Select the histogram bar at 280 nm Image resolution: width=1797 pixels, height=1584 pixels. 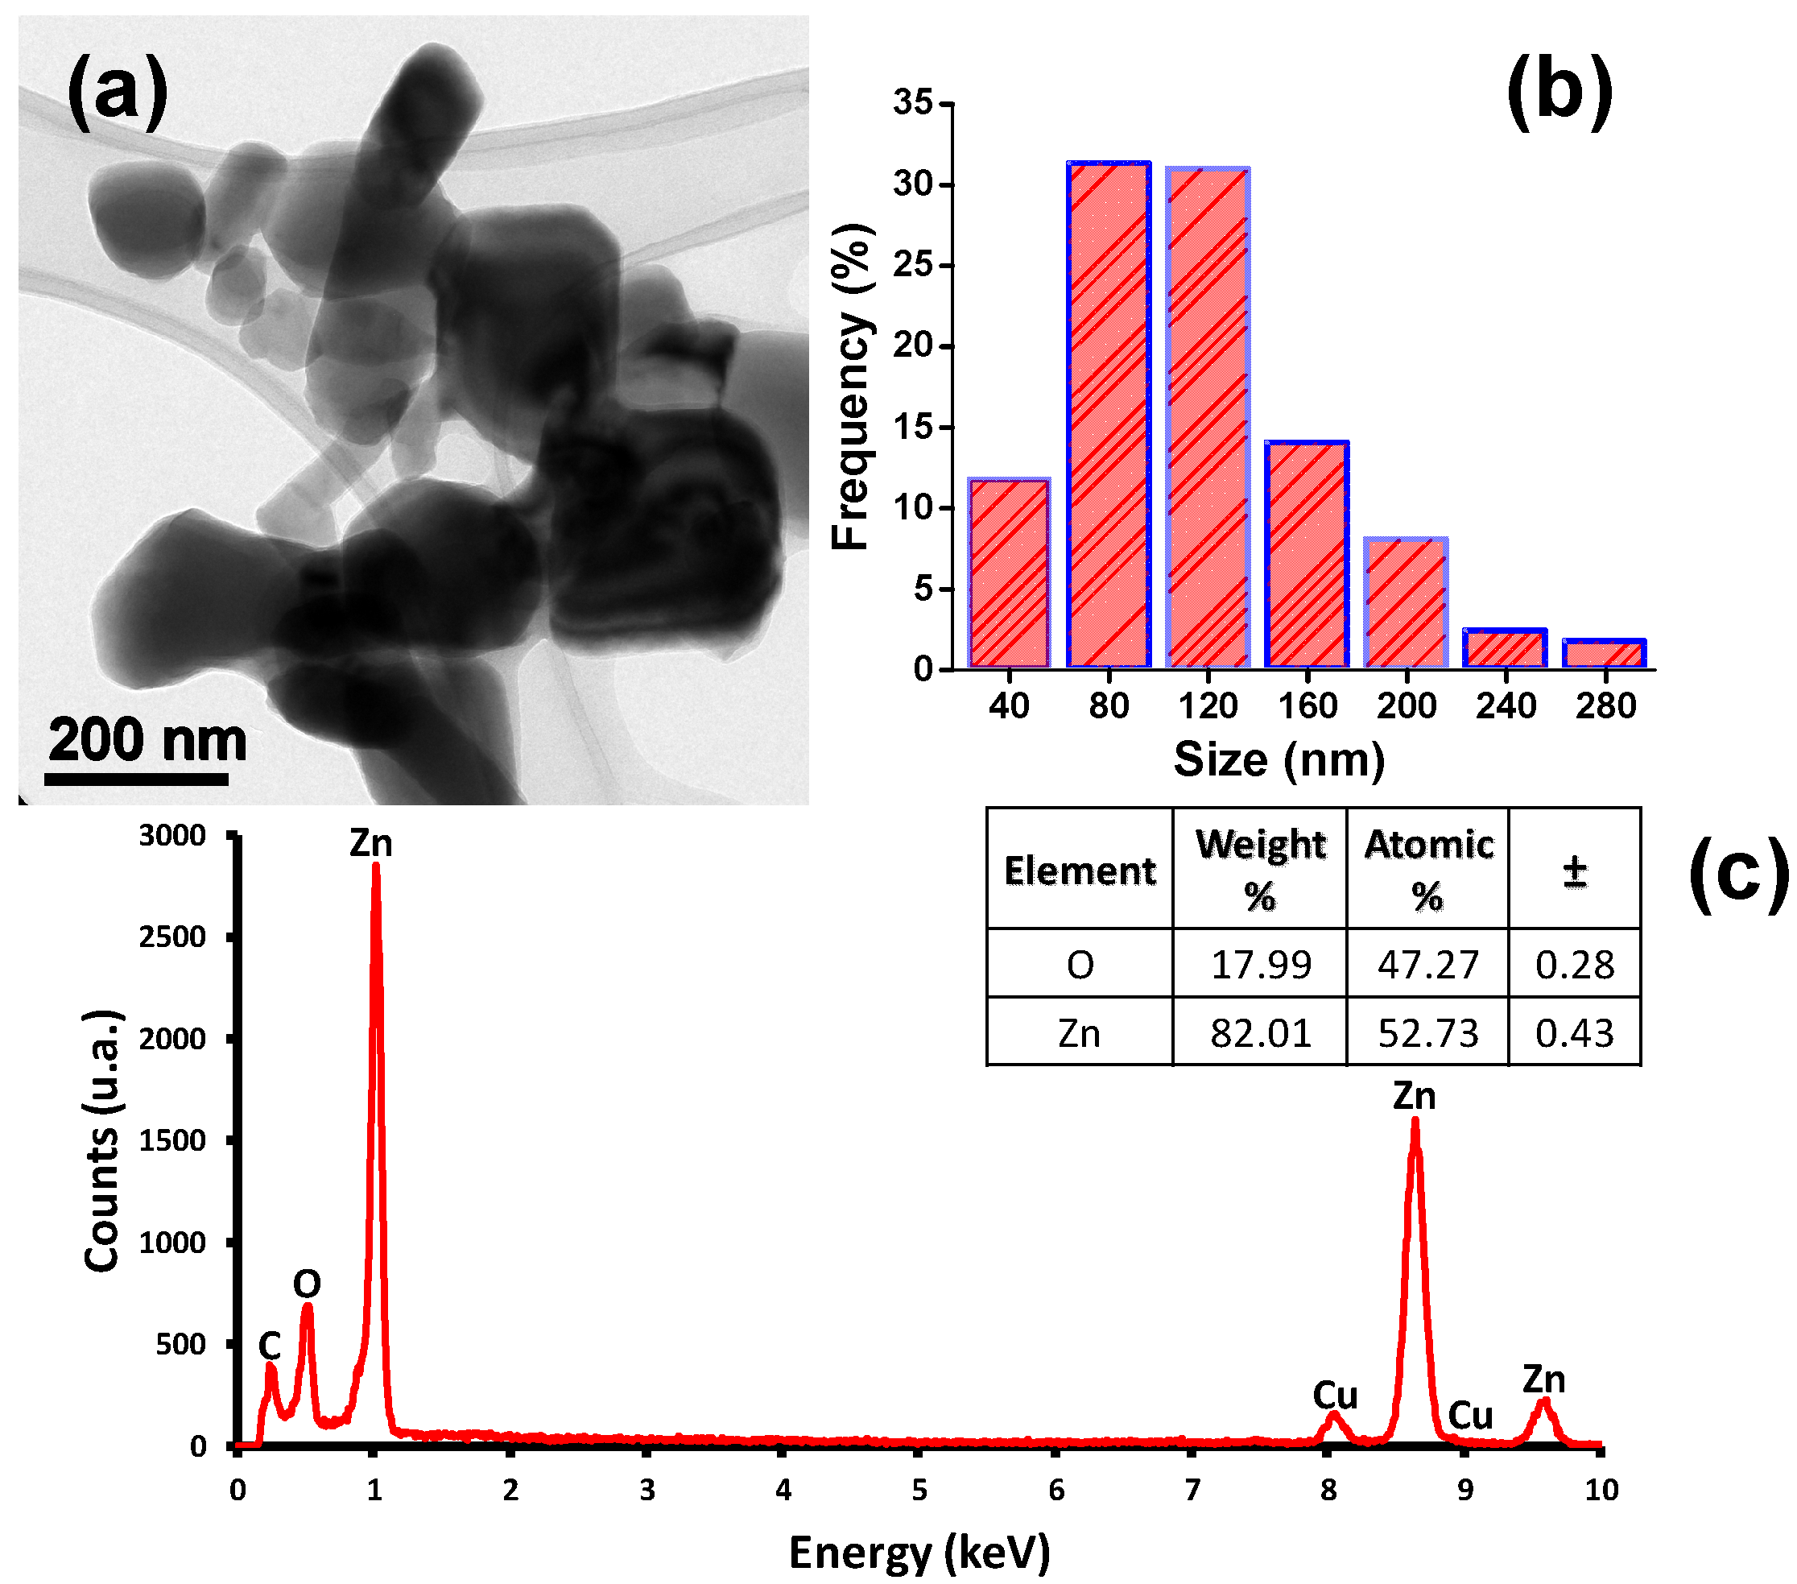pyautogui.click(x=1605, y=653)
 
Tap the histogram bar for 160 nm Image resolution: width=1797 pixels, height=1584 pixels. pyautogui.click(x=1307, y=554)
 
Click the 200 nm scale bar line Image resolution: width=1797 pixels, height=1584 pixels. pyautogui.click(x=136, y=780)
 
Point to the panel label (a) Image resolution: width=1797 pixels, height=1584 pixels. pyautogui.click(x=117, y=90)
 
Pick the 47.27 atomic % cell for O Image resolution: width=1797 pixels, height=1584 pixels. pyautogui.click(x=1427, y=965)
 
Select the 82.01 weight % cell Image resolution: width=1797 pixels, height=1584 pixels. pyautogui.click(x=1260, y=1032)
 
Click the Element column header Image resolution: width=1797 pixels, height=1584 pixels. pyautogui.click(x=1080, y=871)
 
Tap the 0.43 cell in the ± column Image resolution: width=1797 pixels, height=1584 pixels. pyautogui.click(x=1574, y=1032)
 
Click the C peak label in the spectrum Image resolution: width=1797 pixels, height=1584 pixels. pyautogui.click(x=269, y=1345)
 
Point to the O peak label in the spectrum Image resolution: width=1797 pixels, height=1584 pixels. pyautogui.click(x=307, y=1284)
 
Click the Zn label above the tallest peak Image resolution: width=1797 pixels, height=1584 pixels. pyautogui.click(x=371, y=842)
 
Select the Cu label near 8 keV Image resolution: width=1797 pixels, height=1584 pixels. pyautogui.click(x=1335, y=1395)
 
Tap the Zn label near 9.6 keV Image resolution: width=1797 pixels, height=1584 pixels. pyautogui.click(x=1544, y=1379)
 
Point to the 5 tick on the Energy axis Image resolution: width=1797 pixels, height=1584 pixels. pyautogui.click(x=919, y=1490)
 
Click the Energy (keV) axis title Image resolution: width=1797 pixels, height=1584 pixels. pyautogui.click(x=919, y=1552)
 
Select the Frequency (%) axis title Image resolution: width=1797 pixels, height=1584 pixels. pyautogui.click(x=850, y=387)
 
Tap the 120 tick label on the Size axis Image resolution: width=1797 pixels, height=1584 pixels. pyautogui.click(x=1208, y=705)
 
